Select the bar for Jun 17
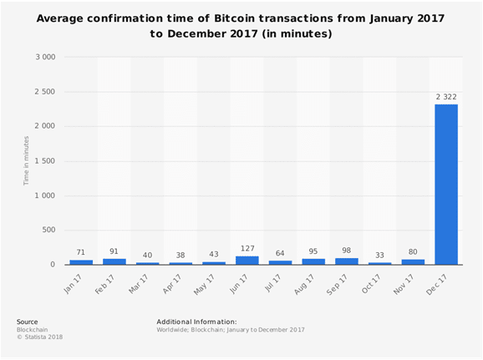[247, 261]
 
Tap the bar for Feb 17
[114, 261]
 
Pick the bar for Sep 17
[346, 261]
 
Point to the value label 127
[247, 249]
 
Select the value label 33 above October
[379, 256]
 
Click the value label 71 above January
[82, 253]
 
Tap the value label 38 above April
[181, 255]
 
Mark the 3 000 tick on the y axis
[43, 58]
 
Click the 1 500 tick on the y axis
[43, 161]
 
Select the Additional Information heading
[196, 321]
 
